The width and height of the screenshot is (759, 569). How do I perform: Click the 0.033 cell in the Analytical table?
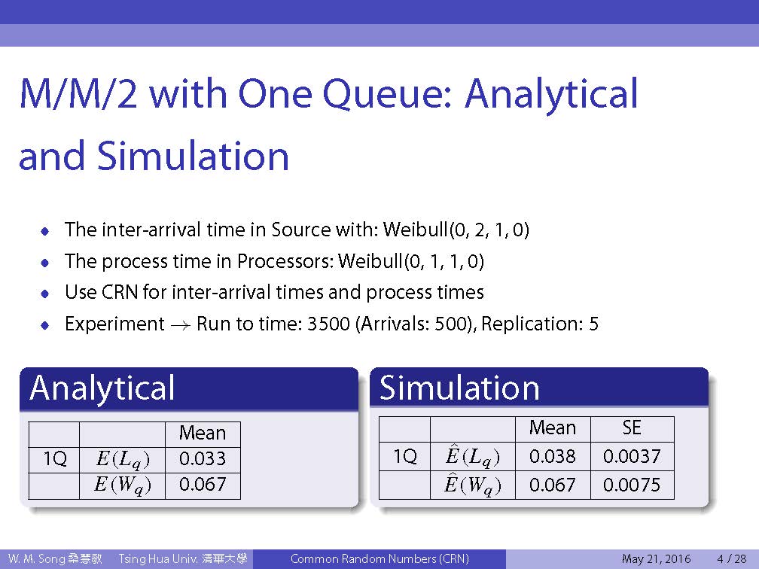(203, 458)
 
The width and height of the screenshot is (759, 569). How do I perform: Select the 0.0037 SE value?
(632, 456)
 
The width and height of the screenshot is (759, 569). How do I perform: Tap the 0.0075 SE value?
(632, 485)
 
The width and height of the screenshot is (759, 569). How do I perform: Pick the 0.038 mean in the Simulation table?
(553, 456)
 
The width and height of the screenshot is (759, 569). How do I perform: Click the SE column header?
(632, 428)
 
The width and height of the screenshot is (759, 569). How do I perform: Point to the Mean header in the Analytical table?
(203, 433)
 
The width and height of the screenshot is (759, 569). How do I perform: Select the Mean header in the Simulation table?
(553, 428)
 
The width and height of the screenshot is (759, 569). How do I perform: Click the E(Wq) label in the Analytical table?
(123, 485)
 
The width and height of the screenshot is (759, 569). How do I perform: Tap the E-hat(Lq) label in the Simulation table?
(472, 457)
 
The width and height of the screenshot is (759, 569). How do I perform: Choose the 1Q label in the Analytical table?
(55, 458)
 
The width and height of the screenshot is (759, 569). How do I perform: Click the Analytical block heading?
(102, 388)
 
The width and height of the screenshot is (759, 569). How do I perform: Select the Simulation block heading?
(459, 388)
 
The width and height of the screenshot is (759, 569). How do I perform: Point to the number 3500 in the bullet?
(328, 324)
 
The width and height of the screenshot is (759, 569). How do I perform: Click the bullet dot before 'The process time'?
(45, 263)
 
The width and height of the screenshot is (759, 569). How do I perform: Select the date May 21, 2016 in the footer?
(656, 559)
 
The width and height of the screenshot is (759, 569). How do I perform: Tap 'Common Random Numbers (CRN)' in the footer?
(379, 558)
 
